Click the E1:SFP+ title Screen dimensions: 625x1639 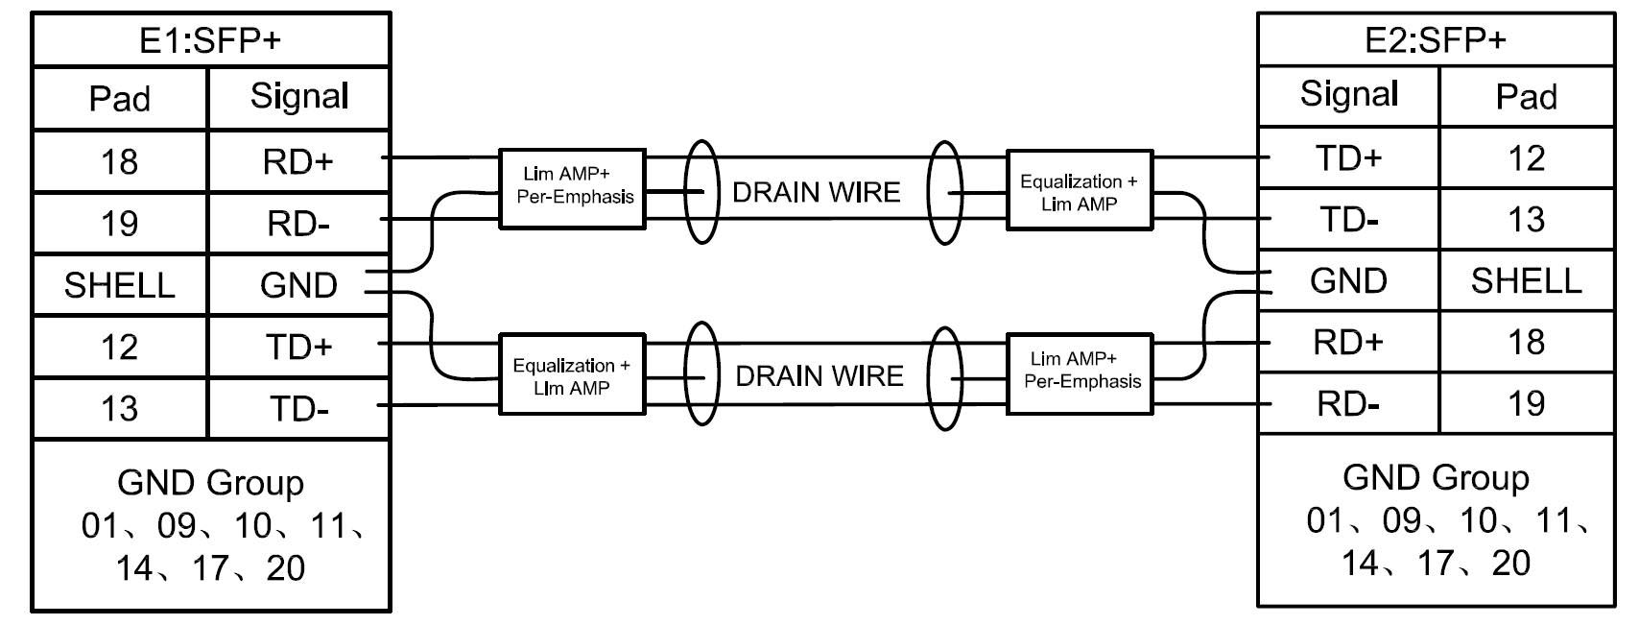[x=210, y=40]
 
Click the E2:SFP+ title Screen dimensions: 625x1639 [x=1435, y=40]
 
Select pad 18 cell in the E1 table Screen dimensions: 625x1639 [x=120, y=162]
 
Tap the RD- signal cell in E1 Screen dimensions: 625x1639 [x=297, y=224]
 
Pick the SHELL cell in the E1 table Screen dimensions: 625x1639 [x=120, y=285]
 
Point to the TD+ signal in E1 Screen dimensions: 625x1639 [x=297, y=347]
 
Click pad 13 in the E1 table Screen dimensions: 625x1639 [x=120, y=408]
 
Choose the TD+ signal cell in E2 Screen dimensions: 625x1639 [x=1348, y=158]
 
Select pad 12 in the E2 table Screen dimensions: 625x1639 [x=1526, y=158]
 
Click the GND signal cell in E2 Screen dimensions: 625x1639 [x=1348, y=280]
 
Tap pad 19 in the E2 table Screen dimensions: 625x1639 [x=1526, y=403]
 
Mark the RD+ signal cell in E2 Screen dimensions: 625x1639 [x=1348, y=342]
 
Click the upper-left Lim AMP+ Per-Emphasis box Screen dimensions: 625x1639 [x=572, y=187]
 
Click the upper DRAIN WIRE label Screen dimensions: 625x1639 [x=817, y=192]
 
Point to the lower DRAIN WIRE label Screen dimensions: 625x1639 [x=819, y=375]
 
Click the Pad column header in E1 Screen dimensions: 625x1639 [x=120, y=98]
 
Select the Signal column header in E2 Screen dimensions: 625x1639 [x=1348, y=94]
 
